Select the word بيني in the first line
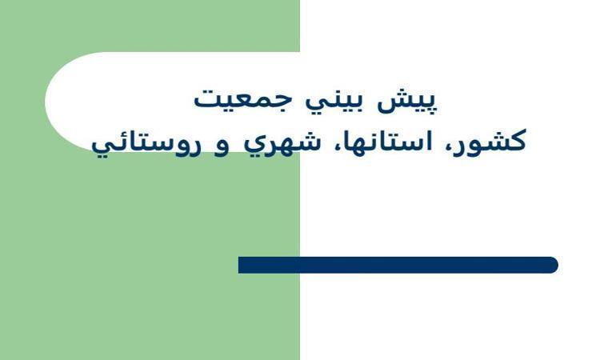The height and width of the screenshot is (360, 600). click(x=334, y=102)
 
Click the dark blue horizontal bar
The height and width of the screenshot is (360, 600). click(x=398, y=265)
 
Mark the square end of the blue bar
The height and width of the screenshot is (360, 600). click(x=239, y=265)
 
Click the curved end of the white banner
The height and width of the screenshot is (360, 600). click(x=50, y=102)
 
